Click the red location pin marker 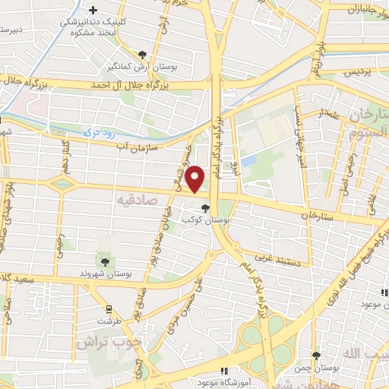pos(196,179)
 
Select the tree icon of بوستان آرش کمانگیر pos(142,54)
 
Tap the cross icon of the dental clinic pos(93,11)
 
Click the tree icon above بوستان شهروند pos(104,261)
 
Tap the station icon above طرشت pos(109,308)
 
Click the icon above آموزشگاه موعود pos(224,372)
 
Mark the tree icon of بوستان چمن pos(316,356)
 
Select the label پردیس pos(361,72)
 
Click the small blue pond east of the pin pos(248,161)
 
